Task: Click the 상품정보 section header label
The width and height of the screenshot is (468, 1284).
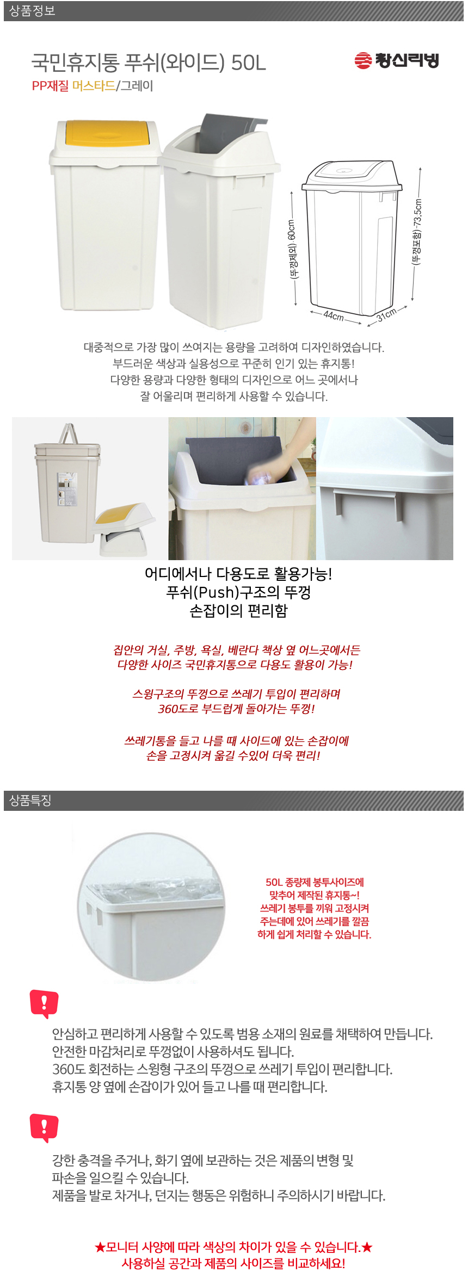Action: pos(32,11)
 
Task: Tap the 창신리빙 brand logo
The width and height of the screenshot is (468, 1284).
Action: pos(396,60)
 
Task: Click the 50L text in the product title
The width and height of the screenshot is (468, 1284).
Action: pos(249,64)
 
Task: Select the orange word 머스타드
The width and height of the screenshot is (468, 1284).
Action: pos(94,86)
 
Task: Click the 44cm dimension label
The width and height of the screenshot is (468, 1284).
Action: pos(334,315)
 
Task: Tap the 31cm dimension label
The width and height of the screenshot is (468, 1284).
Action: pos(386,315)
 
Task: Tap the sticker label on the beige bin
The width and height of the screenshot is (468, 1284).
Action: pos(67,489)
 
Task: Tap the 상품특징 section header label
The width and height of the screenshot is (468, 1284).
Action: pos(30,801)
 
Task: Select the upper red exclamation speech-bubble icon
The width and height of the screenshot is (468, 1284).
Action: pos(44,1003)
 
